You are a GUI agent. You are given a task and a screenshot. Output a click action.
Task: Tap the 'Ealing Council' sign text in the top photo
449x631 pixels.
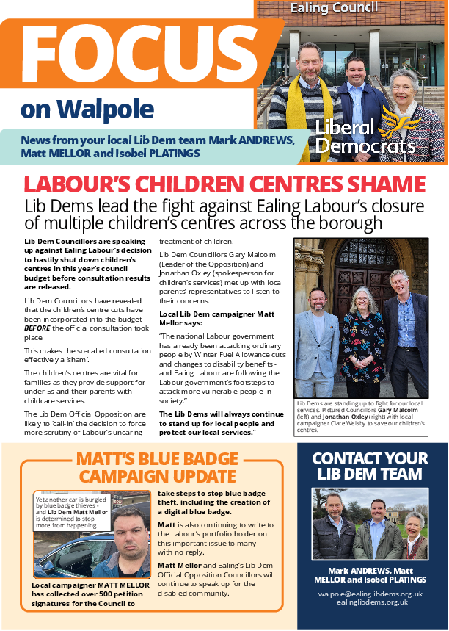click(335, 8)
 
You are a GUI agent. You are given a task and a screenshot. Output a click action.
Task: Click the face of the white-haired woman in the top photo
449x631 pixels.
click(403, 83)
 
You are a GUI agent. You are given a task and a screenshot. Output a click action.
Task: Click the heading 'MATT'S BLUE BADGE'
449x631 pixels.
click(157, 460)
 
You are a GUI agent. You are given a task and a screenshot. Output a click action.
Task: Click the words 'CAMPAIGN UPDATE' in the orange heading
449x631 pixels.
click(158, 477)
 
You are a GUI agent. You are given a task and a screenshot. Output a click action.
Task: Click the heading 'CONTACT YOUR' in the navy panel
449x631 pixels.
click(370, 458)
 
